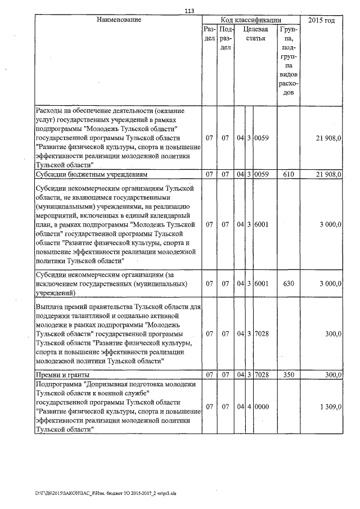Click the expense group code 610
coord(289,174)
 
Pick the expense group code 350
coord(289,375)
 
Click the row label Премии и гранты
coord(62,375)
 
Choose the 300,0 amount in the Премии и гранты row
coord(332,375)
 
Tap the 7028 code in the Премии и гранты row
coord(262,375)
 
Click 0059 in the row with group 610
coord(262,174)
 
